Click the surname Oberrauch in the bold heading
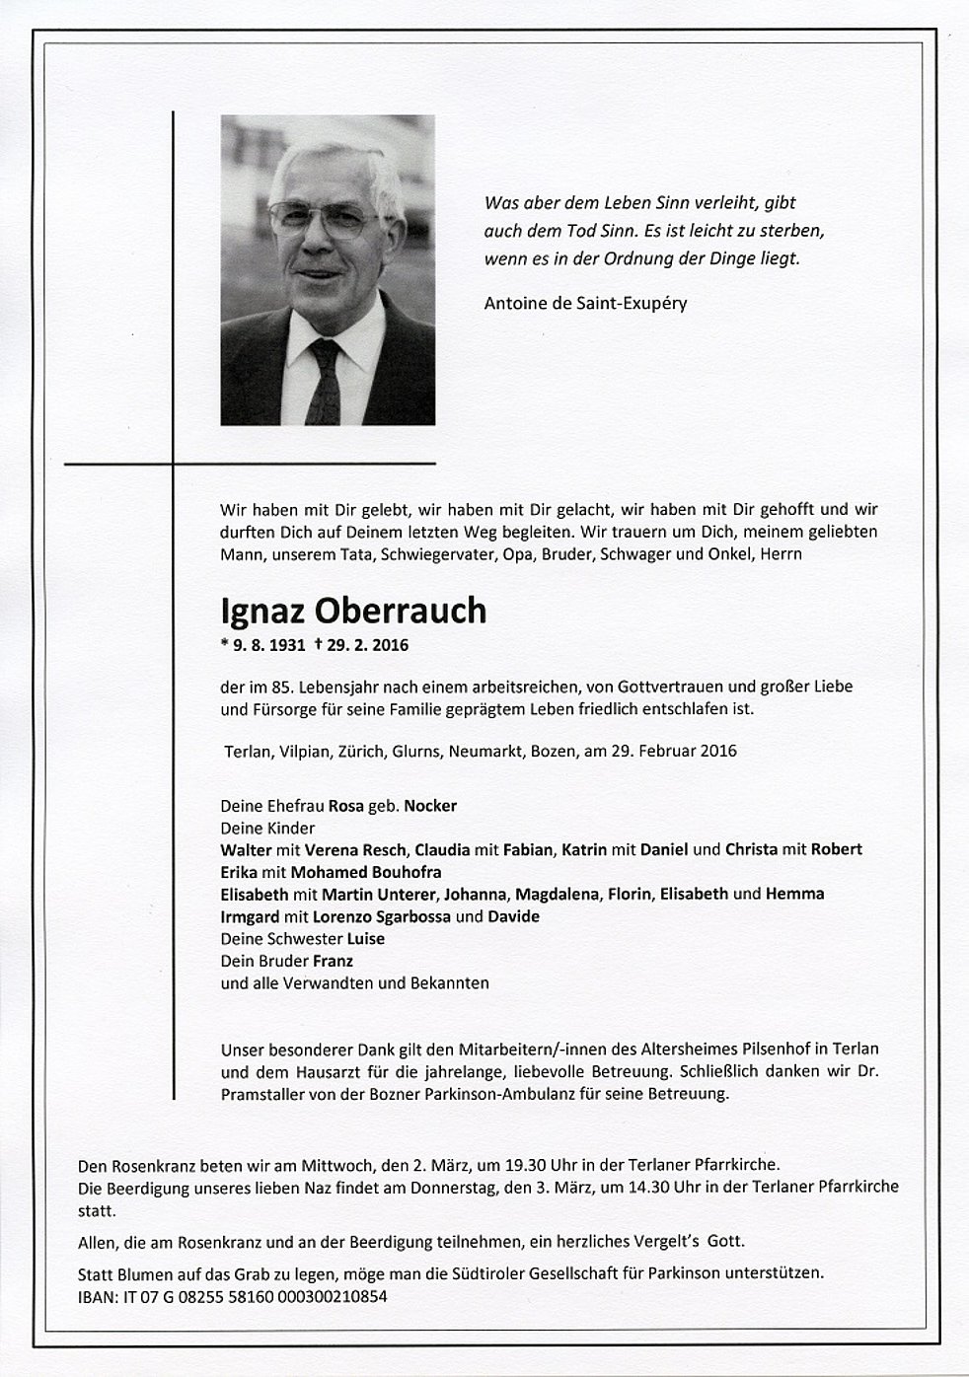click(x=401, y=612)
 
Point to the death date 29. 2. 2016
click(x=367, y=646)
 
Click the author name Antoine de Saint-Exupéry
click(x=585, y=303)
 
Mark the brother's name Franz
click(x=334, y=961)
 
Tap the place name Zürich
click(x=364, y=751)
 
